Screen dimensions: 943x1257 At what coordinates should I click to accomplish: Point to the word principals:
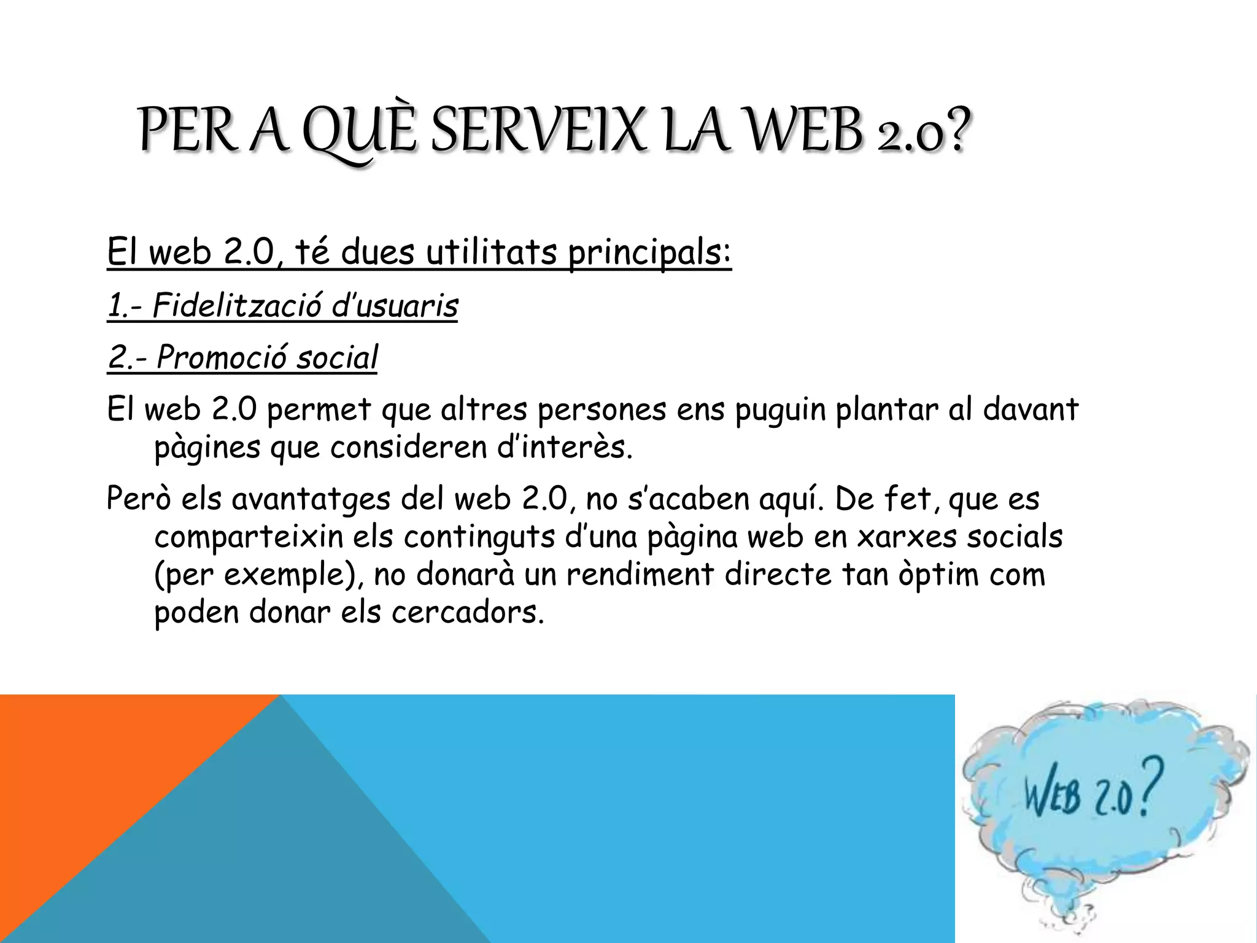click(649, 253)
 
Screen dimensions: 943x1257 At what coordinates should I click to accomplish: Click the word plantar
click(887, 409)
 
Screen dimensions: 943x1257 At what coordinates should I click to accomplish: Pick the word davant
click(1031, 409)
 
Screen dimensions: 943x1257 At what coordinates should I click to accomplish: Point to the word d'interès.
click(565, 447)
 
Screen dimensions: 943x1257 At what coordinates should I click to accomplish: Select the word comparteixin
click(249, 537)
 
